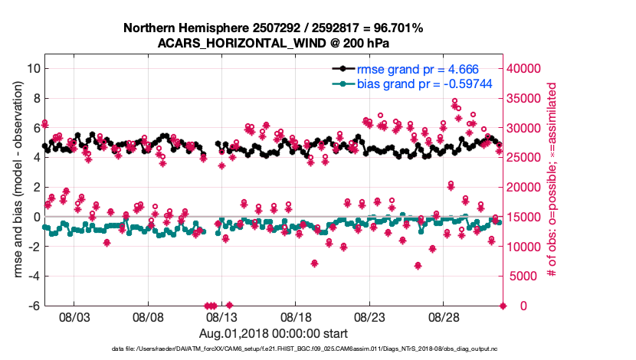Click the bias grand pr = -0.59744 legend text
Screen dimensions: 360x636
[425, 83]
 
